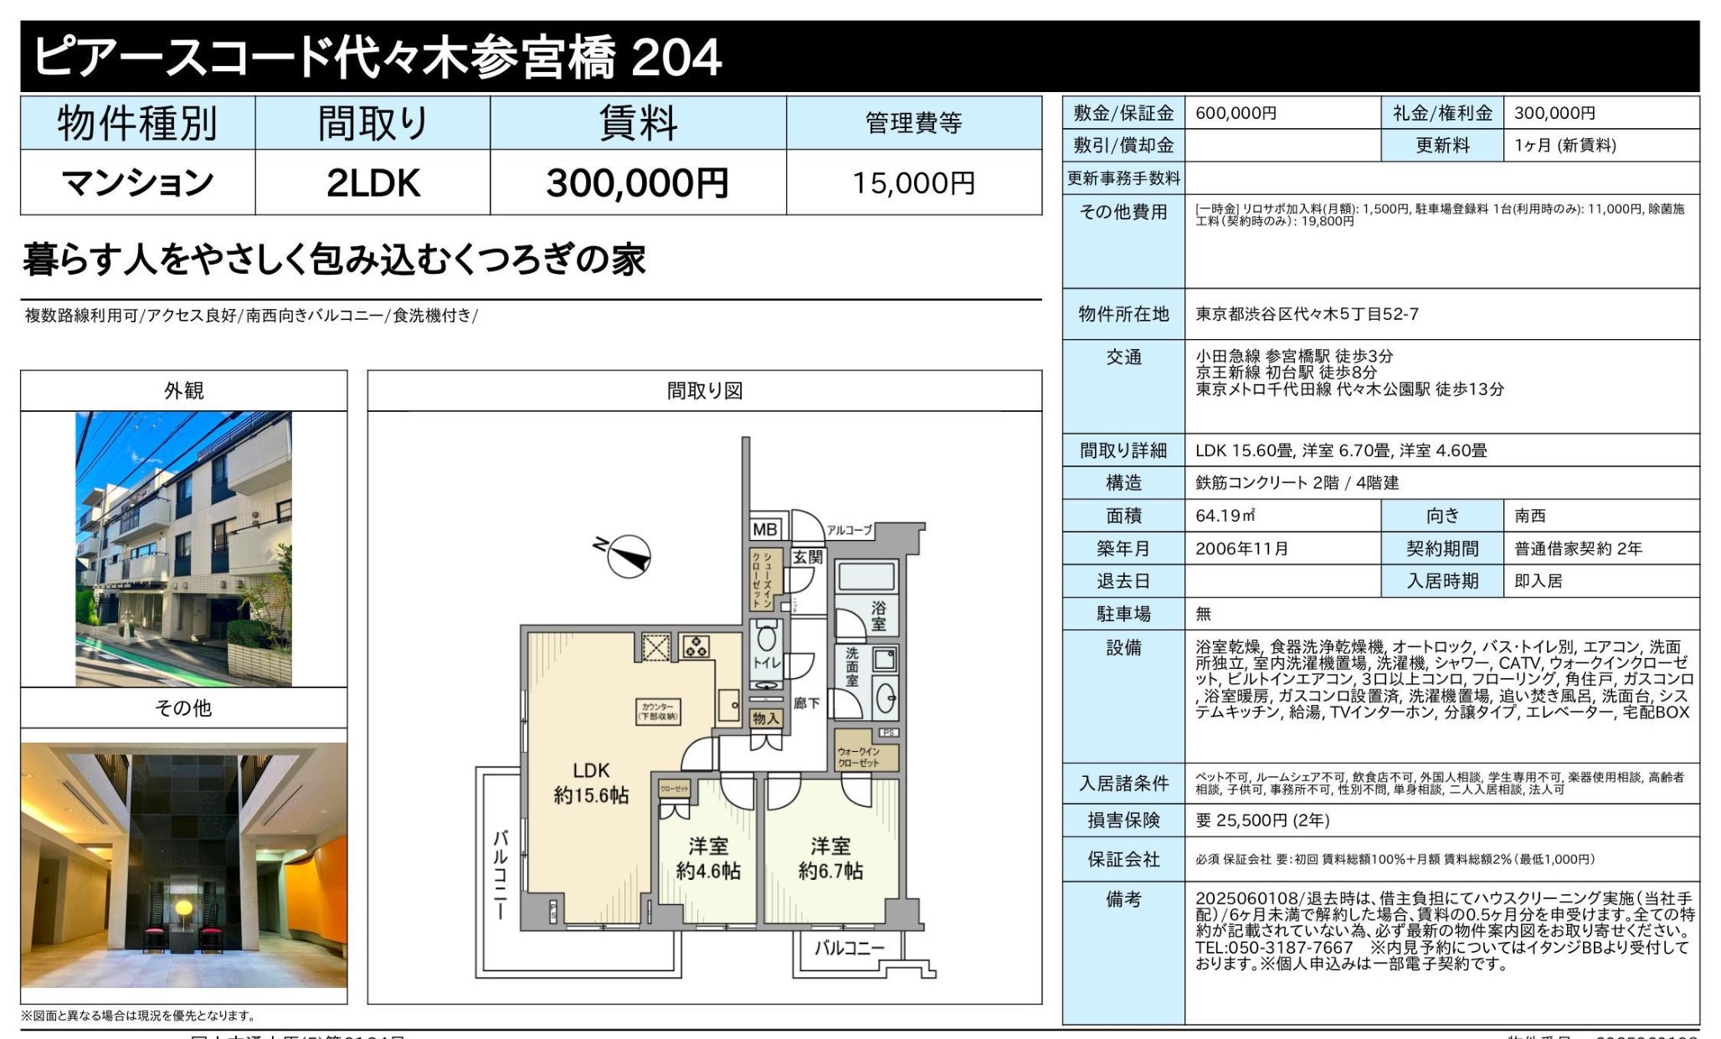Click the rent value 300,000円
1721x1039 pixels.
[x=637, y=183]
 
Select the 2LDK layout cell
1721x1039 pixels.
[x=372, y=183]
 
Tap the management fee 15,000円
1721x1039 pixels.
[x=913, y=183]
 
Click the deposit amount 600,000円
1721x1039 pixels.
[x=1236, y=113]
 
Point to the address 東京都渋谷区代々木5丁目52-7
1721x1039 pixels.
[x=1307, y=314]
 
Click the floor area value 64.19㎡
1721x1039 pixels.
[x=1225, y=516]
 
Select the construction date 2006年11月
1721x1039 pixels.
[x=1241, y=548]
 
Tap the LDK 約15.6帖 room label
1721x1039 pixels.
[x=591, y=783]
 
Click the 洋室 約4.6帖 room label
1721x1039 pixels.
[x=708, y=859]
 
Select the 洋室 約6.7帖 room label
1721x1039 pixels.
[x=830, y=859]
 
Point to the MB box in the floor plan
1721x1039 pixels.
[x=765, y=529]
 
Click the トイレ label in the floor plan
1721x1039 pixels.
[x=767, y=662]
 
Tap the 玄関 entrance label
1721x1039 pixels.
[x=808, y=557]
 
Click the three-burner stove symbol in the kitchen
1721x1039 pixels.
[x=696, y=646]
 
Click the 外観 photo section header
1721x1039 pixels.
[x=183, y=391]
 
